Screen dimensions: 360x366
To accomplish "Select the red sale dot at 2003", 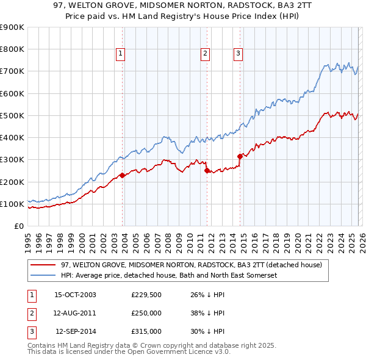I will [123, 175].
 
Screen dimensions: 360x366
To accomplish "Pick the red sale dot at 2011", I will [207, 171].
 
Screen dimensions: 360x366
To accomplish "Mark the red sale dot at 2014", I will [240, 156].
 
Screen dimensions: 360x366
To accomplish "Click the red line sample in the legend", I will [43, 265].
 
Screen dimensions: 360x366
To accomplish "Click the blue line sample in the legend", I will [43, 276].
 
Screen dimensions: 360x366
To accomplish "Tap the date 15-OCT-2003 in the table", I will [75, 295].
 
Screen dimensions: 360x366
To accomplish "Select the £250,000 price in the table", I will [146, 313].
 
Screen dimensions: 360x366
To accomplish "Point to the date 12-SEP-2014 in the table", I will [76, 331].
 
